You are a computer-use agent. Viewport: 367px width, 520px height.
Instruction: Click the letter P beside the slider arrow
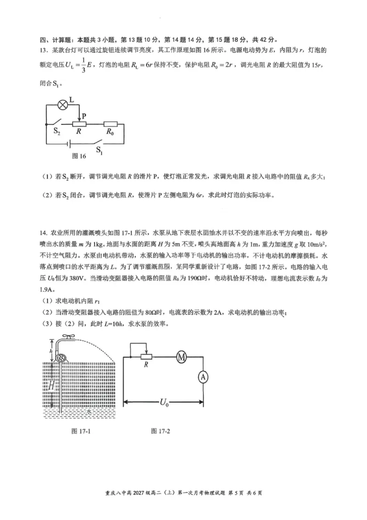[84, 116]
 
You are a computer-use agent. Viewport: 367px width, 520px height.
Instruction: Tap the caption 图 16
[79, 156]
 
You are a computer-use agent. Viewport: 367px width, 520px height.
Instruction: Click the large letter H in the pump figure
[52, 386]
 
